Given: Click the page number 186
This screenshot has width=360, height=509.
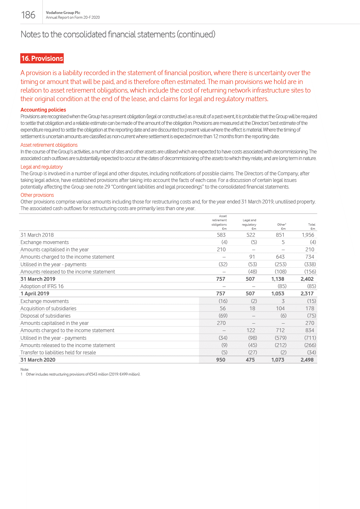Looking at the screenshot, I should pyautogui.click(x=28, y=15).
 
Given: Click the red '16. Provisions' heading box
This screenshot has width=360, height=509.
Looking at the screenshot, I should pyautogui.click(x=42, y=58).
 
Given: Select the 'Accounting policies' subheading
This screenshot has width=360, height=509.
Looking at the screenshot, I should pyautogui.click(x=43, y=110).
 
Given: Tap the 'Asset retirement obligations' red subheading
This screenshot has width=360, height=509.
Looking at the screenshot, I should pyautogui.click(x=49, y=145).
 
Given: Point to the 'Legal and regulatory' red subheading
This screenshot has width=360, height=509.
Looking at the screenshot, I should pyautogui.click(x=42, y=167).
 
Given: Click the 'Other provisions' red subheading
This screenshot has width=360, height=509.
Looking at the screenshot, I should pyautogui.click(x=37, y=195).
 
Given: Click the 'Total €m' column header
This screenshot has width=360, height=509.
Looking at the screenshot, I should pyautogui.click(x=312, y=226).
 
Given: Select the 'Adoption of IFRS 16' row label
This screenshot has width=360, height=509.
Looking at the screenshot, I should pyautogui.click(x=42, y=286).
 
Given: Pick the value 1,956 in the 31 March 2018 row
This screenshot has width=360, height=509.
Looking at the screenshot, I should pyautogui.click(x=308, y=235).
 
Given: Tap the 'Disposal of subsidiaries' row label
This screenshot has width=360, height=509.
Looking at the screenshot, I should pyautogui.click(x=45, y=316).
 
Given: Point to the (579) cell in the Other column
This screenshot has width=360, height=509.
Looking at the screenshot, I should pyautogui.click(x=280, y=338).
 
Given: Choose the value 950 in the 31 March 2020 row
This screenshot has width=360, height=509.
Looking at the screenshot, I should pyautogui.click(x=221, y=360).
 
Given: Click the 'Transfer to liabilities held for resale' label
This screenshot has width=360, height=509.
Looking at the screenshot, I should pyautogui.click(x=58, y=352).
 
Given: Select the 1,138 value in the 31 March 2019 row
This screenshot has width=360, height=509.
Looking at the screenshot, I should pyautogui.click(x=278, y=279).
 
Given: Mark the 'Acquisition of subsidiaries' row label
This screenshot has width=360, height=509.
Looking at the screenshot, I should pyautogui.click(x=48, y=308).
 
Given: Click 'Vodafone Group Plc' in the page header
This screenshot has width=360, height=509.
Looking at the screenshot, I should pyautogui.click(x=63, y=13).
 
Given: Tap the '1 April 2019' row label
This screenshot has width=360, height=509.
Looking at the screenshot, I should pyautogui.click(x=35, y=293).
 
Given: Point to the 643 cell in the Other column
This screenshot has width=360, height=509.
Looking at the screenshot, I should pyautogui.click(x=280, y=257).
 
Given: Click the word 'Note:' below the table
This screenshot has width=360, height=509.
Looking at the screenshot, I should pyautogui.click(x=25, y=369).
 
